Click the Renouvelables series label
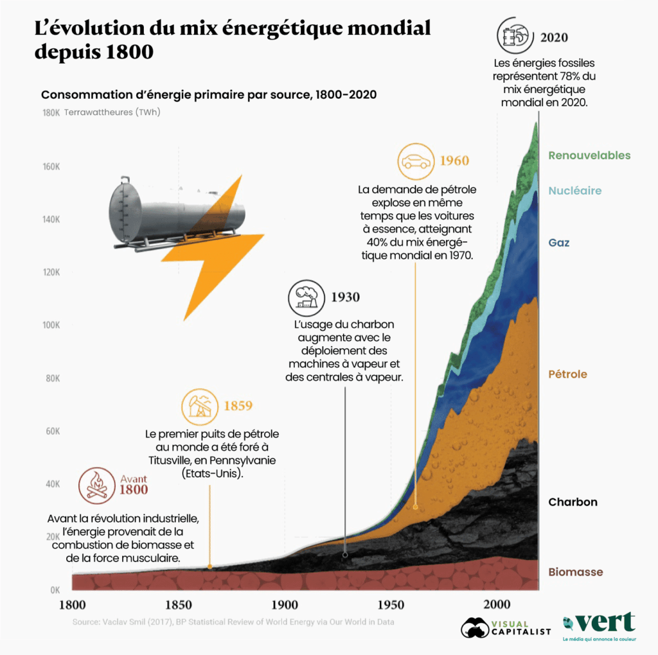click(x=589, y=155)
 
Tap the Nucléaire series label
click(x=574, y=191)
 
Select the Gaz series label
click(x=558, y=243)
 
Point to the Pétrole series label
click(x=567, y=374)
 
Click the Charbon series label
click(x=573, y=502)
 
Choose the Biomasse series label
click(x=575, y=572)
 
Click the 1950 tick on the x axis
click(x=391, y=604)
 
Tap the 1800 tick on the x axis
click(x=73, y=604)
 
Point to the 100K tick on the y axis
click(x=51, y=324)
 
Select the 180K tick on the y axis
click(x=51, y=113)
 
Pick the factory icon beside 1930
click(x=306, y=297)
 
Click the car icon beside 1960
click(x=416, y=161)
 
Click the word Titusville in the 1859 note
click(x=169, y=460)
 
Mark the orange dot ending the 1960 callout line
click(x=416, y=507)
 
